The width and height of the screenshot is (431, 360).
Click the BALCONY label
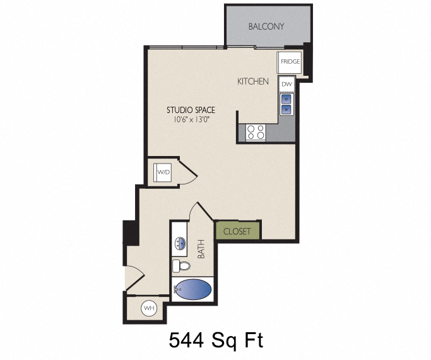[x=266, y=27]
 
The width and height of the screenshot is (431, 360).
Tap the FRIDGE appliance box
[x=290, y=62]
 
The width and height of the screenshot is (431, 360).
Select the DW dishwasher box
[x=286, y=83]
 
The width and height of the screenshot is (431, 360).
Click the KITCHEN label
[x=253, y=81]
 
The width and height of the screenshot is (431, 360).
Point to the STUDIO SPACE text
[x=191, y=110]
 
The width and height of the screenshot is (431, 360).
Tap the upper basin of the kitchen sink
[x=286, y=99]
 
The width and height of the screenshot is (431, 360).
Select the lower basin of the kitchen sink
[x=286, y=109]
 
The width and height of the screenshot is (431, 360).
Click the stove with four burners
[x=256, y=132]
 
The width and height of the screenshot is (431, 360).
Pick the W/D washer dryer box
[x=163, y=171]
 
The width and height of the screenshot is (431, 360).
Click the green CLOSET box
[x=237, y=231]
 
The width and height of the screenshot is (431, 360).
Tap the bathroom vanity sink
[x=179, y=243]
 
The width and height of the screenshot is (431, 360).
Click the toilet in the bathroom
[x=181, y=265]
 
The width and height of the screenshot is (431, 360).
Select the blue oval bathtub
[x=194, y=290]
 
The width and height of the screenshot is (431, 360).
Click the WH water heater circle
[x=150, y=308]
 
